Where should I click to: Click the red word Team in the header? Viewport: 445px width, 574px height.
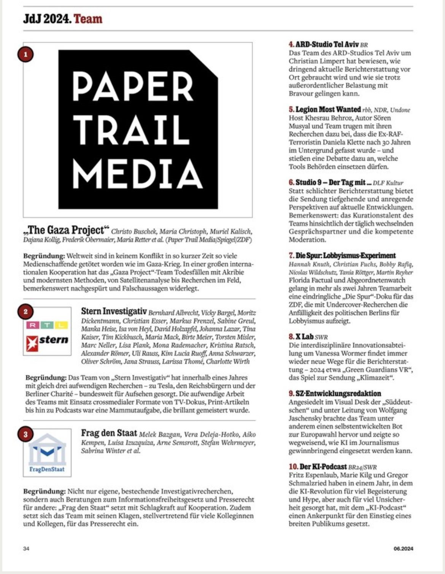88,19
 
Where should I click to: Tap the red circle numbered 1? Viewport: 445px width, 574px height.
25,54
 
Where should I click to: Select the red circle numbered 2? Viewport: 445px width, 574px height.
25,312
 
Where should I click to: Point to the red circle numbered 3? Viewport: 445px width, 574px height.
25,434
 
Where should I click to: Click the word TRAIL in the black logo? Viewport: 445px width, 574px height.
132,129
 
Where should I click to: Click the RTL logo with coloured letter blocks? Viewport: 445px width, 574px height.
47,325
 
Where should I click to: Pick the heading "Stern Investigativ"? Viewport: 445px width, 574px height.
114,312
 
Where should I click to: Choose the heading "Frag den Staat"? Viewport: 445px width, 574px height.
109,433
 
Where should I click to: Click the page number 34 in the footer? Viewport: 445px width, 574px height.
26,548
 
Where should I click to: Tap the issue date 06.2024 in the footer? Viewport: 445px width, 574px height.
403,548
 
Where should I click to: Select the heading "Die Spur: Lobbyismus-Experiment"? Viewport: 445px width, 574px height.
345,256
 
